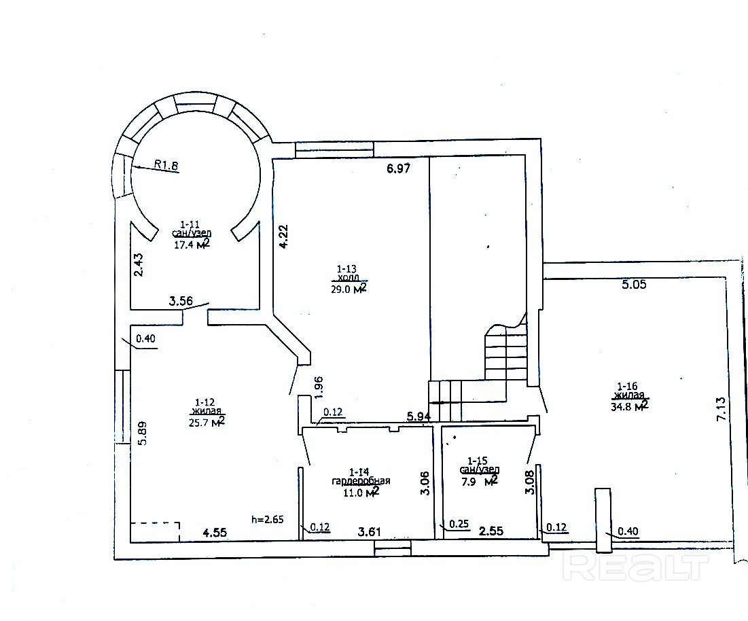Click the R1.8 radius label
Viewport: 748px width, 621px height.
click(x=166, y=165)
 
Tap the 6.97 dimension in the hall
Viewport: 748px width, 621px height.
click(x=398, y=168)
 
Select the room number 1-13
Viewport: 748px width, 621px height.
click(x=346, y=269)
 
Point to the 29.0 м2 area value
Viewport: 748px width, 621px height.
click(x=349, y=289)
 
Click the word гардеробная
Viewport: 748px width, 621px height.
click(x=361, y=481)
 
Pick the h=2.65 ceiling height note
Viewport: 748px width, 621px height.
click(x=268, y=519)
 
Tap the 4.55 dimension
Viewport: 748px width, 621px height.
click(x=215, y=532)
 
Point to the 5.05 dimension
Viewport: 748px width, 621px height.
click(x=634, y=284)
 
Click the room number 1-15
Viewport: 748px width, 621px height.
click(x=477, y=461)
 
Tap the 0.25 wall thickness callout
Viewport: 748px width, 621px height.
click(x=459, y=524)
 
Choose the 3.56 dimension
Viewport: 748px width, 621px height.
click(x=181, y=301)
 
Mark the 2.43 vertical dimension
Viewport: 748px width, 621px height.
click(x=139, y=265)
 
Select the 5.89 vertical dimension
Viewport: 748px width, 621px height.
click(x=142, y=433)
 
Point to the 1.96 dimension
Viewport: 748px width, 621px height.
click(x=319, y=387)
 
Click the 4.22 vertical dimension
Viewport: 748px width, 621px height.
click(x=283, y=236)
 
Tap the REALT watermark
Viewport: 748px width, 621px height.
click(x=635, y=567)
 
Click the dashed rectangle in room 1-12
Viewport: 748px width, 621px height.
click(x=156, y=523)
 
